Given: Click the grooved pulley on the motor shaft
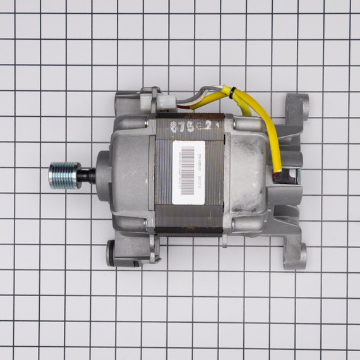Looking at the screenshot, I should coord(64,175).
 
